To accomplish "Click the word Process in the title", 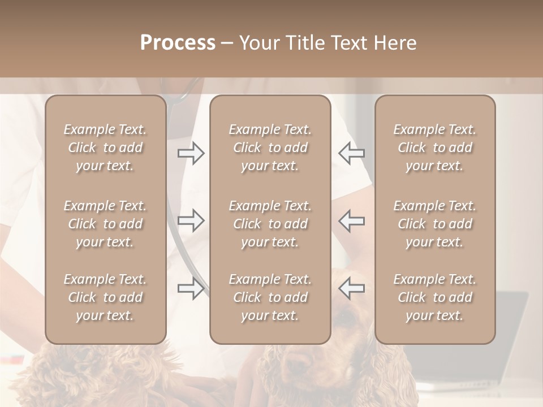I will point(178,43).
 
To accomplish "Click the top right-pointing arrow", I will point(191,153).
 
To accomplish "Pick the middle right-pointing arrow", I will point(191,220).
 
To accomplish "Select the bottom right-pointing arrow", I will point(191,288).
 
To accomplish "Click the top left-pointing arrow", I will point(351,153).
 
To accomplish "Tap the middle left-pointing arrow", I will point(351,220).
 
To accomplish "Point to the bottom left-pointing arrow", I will point(351,288).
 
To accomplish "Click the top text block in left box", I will point(105,148).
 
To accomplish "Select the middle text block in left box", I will point(105,224).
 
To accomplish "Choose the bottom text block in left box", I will point(105,297).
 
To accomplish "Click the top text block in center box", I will point(270,148).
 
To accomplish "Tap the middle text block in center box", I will point(270,224).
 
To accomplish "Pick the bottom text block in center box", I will point(270,297).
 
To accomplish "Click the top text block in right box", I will point(434,148).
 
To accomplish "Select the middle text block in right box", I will point(434,224).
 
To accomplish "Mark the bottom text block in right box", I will point(434,297).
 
